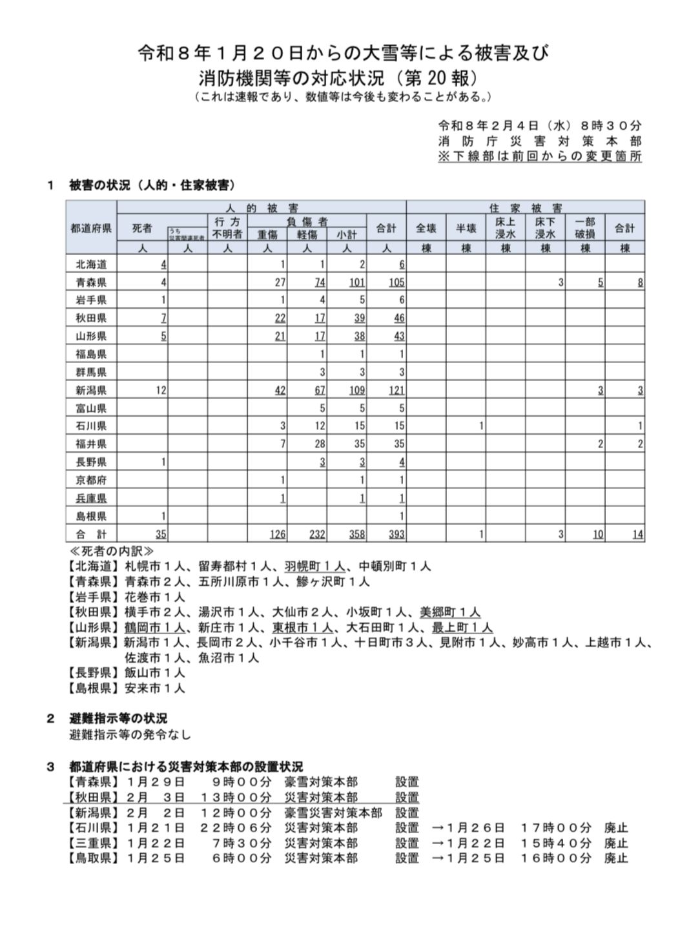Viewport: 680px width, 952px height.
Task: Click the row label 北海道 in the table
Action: pos(91,264)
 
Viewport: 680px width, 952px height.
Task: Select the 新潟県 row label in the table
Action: pos(91,390)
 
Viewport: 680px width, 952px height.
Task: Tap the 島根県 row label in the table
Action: pos(91,516)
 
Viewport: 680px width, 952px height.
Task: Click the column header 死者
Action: pos(142,228)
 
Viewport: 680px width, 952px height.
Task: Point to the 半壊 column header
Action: pos(466,228)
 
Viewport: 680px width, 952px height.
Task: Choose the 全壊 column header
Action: pos(426,228)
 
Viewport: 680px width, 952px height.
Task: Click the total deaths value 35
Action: pos(161,535)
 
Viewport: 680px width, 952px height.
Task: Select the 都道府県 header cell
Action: pos(91,228)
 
